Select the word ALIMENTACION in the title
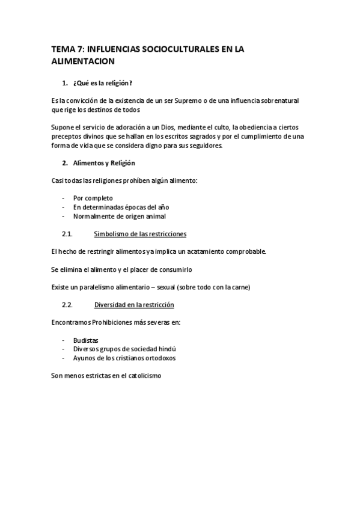84,61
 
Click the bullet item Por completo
93,198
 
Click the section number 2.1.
67,233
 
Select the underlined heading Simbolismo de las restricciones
140,233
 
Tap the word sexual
180,287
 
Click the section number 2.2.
67,304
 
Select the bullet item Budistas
86,340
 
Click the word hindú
171,349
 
